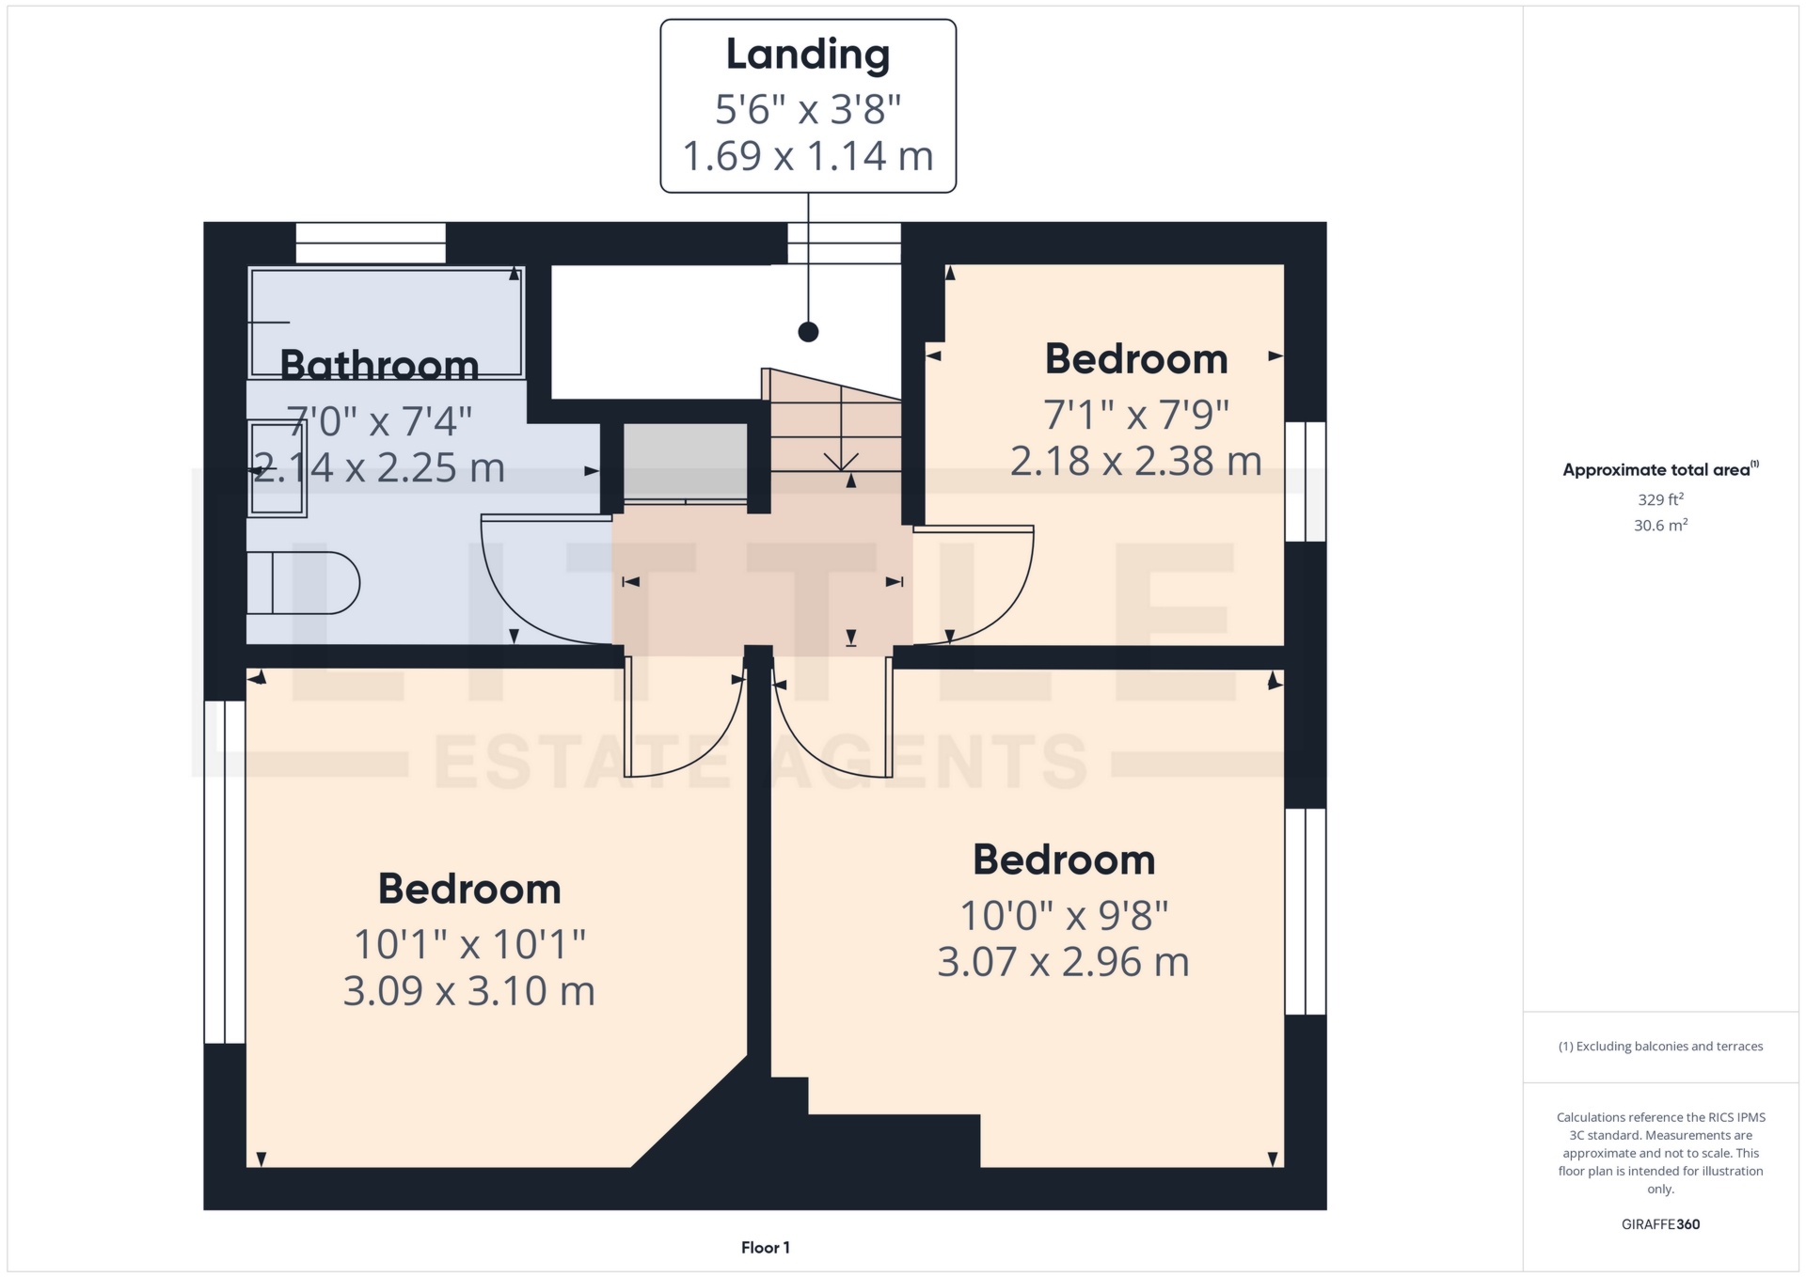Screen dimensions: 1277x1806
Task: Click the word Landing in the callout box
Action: (x=807, y=55)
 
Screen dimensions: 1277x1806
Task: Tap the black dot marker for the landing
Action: (x=808, y=332)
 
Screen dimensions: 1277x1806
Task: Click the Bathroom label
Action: (x=379, y=365)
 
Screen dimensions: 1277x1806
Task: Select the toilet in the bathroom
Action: (x=303, y=583)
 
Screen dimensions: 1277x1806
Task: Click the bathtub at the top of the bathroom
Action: (x=386, y=322)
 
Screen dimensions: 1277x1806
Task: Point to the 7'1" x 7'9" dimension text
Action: (x=1135, y=415)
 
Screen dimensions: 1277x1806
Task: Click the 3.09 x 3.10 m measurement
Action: (x=468, y=991)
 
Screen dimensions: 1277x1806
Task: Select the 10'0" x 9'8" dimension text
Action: (x=1063, y=915)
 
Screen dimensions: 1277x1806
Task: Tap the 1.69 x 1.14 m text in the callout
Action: (x=807, y=156)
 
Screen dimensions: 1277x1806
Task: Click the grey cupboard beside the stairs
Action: (x=686, y=462)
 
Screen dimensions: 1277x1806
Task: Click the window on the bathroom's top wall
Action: (x=371, y=243)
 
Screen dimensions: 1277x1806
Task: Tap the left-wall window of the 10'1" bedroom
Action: (x=225, y=872)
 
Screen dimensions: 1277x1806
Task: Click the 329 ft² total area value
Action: (x=1660, y=499)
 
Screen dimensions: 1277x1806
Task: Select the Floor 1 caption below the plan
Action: (x=765, y=1248)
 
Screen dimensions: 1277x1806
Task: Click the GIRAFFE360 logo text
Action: (x=1660, y=1224)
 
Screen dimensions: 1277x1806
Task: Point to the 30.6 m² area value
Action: (x=1660, y=526)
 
